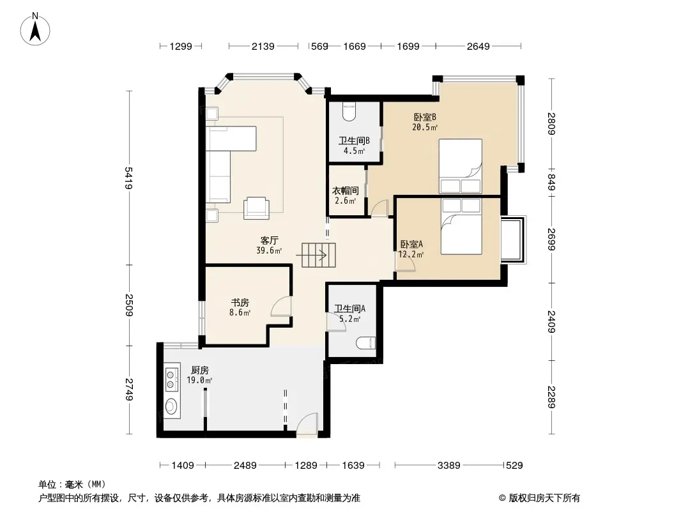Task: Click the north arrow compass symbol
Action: [35, 29]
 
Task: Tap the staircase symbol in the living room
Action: [319, 255]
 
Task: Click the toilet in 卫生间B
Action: [349, 111]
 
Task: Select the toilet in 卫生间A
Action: [365, 343]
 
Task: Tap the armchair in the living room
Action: [256, 208]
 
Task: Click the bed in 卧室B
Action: [461, 166]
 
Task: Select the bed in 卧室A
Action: [461, 226]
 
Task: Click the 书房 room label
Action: [240, 303]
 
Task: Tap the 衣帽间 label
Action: [345, 190]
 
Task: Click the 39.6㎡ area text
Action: [269, 250]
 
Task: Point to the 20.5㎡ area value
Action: [425, 127]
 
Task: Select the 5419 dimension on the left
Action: [129, 178]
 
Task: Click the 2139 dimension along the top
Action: [263, 46]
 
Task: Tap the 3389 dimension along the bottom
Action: [448, 466]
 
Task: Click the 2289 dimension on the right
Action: [551, 397]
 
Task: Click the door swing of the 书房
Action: [280, 306]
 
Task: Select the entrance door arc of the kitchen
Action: [307, 423]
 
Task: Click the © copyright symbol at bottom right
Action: [502, 498]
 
